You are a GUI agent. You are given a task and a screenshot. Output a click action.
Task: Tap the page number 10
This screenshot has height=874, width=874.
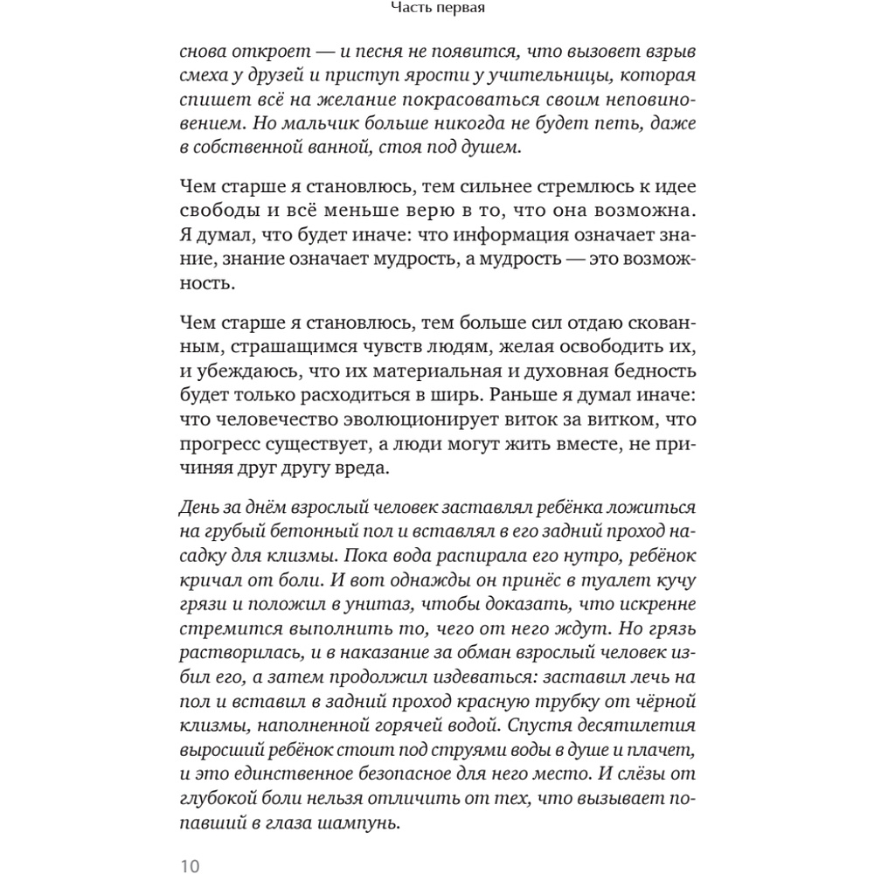[x=191, y=866]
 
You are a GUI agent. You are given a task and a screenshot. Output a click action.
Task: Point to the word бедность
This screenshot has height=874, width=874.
[x=649, y=372]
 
